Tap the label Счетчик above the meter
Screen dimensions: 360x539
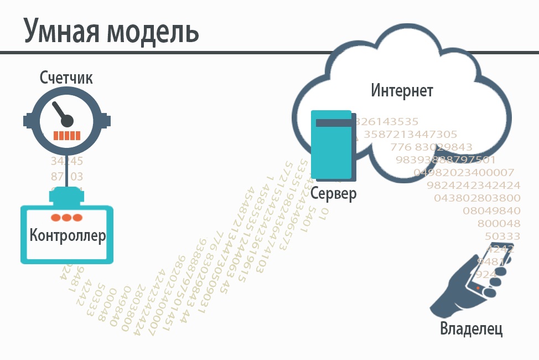pyautogui.click(x=66, y=78)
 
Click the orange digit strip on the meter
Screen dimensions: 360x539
pyautogui.click(x=66, y=135)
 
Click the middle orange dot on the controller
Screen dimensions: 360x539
pyautogui.click(x=66, y=218)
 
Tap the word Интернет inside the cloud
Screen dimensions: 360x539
pyautogui.click(x=402, y=90)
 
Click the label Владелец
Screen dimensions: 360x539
pyautogui.click(x=471, y=328)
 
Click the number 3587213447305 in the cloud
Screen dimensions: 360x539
pyautogui.click(x=411, y=134)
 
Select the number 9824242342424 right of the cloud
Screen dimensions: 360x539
pyautogui.click(x=474, y=185)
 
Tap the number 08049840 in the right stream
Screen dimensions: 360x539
pyautogui.click(x=491, y=210)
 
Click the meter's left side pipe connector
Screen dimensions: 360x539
pyautogui.click(x=27, y=120)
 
